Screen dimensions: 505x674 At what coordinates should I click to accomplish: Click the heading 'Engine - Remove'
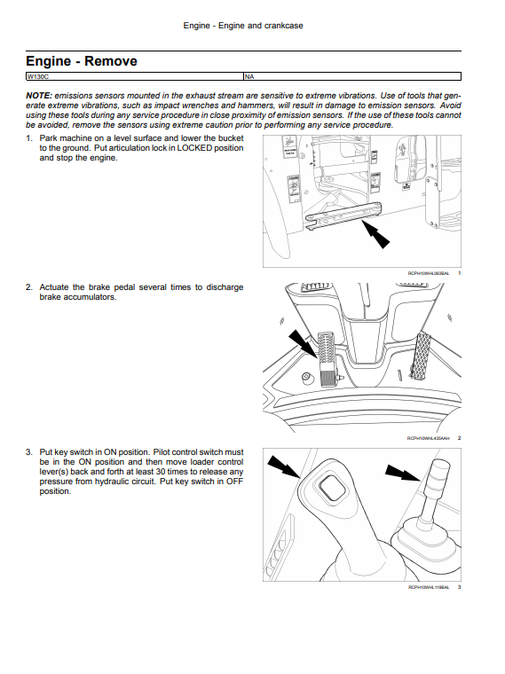point(82,61)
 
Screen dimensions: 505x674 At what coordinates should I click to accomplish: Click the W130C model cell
point(135,76)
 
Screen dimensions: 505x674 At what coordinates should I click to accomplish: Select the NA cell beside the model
point(352,76)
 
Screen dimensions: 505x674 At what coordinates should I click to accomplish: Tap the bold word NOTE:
point(39,96)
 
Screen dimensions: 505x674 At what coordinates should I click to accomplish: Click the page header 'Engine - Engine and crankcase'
point(243,26)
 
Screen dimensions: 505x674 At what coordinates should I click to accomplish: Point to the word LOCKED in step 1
point(195,148)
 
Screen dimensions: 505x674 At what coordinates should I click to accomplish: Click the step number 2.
point(28,287)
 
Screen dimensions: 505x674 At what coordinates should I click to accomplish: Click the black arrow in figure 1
point(375,233)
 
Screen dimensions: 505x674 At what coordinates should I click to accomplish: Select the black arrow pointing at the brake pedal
point(303,344)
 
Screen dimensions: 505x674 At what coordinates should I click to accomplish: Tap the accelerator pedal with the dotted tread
point(421,356)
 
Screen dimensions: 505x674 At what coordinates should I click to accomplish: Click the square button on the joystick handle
point(331,488)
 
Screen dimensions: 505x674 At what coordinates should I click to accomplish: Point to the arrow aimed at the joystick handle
point(284,467)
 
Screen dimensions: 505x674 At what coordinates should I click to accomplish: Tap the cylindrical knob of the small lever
point(437,477)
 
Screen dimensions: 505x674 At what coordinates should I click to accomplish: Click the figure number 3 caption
point(459,587)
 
